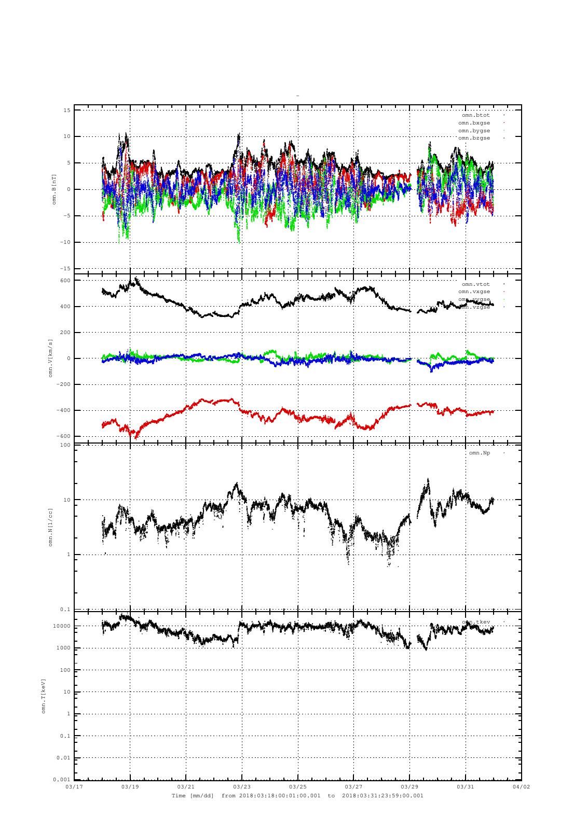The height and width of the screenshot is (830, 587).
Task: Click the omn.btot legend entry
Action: (x=476, y=115)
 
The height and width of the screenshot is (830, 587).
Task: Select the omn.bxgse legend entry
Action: (x=474, y=123)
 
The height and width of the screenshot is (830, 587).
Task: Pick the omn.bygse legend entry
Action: (x=474, y=131)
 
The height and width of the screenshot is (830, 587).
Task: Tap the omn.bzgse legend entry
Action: (x=474, y=138)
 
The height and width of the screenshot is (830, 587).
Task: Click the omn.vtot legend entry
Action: (x=476, y=284)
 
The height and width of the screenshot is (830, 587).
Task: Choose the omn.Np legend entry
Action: (x=480, y=453)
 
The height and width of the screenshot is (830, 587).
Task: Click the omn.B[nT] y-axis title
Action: (x=54, y=189)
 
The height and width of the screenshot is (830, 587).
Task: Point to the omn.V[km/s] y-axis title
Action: (x=51, y=358)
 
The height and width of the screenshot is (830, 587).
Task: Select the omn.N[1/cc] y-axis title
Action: (x=51, y=527)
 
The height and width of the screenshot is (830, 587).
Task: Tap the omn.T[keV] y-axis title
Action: (x=44, y=696)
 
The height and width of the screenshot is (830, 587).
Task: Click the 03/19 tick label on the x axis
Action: (x=130, y=786)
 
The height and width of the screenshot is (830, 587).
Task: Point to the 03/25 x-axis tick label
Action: (x=298, y=786)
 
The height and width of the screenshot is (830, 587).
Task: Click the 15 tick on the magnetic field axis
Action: (x=67, y=110)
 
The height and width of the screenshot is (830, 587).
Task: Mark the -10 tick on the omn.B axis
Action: (x=65, y=242)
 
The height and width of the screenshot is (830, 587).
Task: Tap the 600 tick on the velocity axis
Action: (x=65, y=281)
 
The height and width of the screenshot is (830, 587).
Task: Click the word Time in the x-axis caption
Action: (x=179, y=795)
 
